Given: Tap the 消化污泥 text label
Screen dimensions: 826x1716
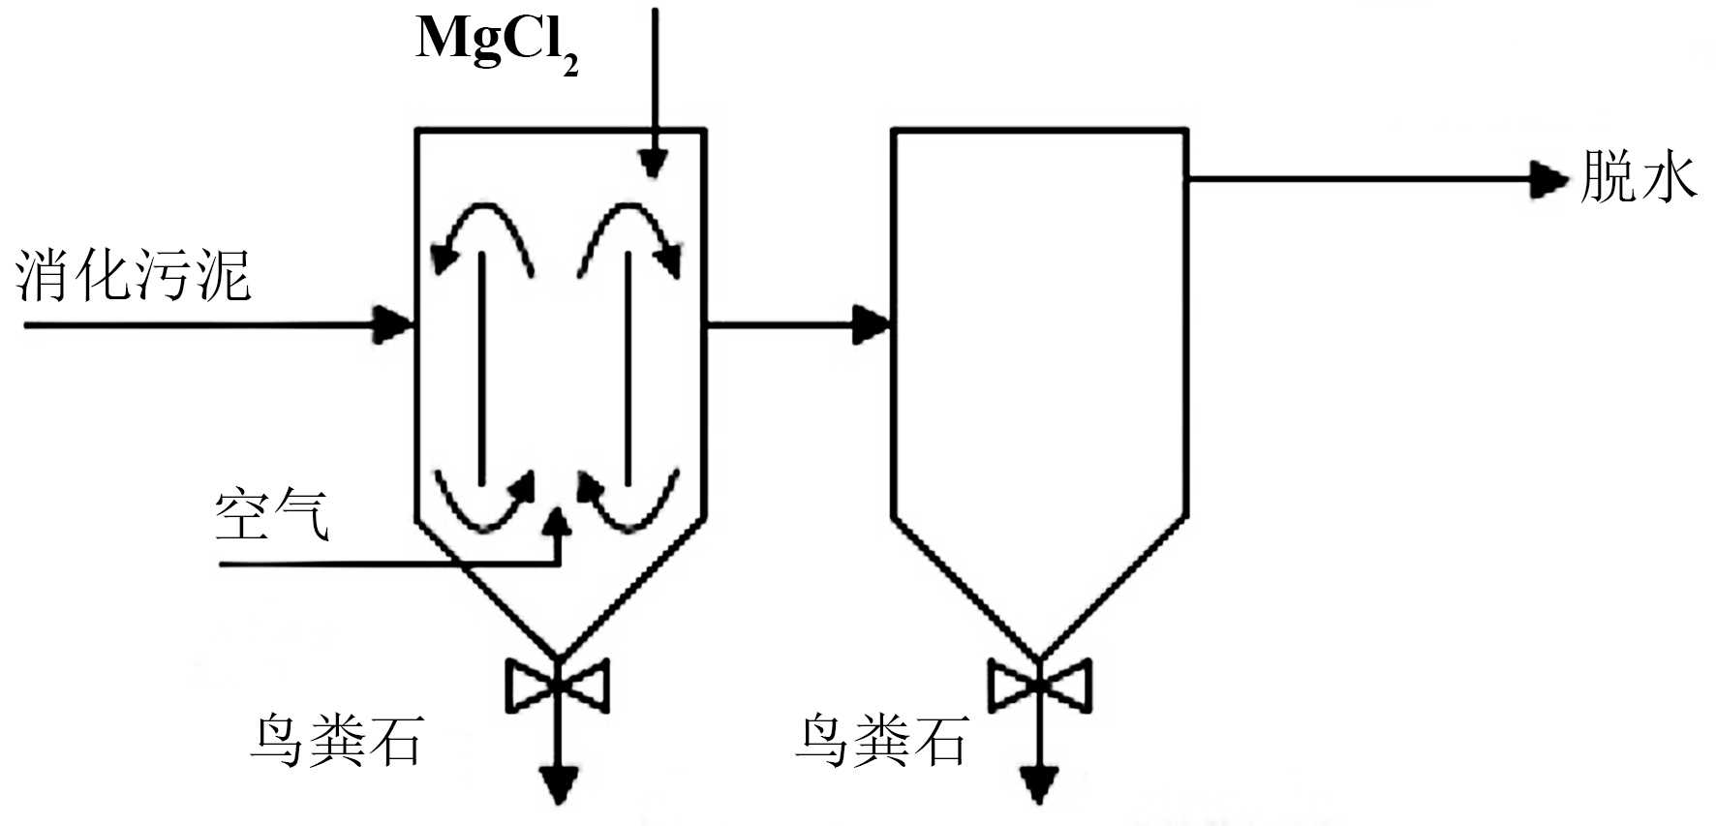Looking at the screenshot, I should click(x=134, y=276).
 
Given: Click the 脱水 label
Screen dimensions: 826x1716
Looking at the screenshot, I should click(x=1639, y=178).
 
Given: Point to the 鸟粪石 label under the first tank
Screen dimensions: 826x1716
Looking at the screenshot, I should click(x=336, y=742).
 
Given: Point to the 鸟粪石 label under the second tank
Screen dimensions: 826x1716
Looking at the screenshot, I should click(x=881, y=742).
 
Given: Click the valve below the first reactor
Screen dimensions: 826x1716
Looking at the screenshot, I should click(x=557, y=686).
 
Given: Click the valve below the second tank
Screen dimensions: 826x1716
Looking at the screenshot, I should click(x=1039, y=686).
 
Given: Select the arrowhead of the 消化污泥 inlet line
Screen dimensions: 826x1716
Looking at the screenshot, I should click(x=394, y=324).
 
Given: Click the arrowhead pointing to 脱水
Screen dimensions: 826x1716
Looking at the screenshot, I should click(x=1547, y=179).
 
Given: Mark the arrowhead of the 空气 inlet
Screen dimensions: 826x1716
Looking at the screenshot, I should click(x=557, y=521).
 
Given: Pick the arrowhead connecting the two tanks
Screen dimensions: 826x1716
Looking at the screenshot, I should click(x=871, y=323).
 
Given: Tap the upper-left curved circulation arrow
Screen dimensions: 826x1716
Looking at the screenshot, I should click(x=480, y=232).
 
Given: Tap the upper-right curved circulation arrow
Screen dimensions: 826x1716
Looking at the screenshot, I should click(x=630, y=232).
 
